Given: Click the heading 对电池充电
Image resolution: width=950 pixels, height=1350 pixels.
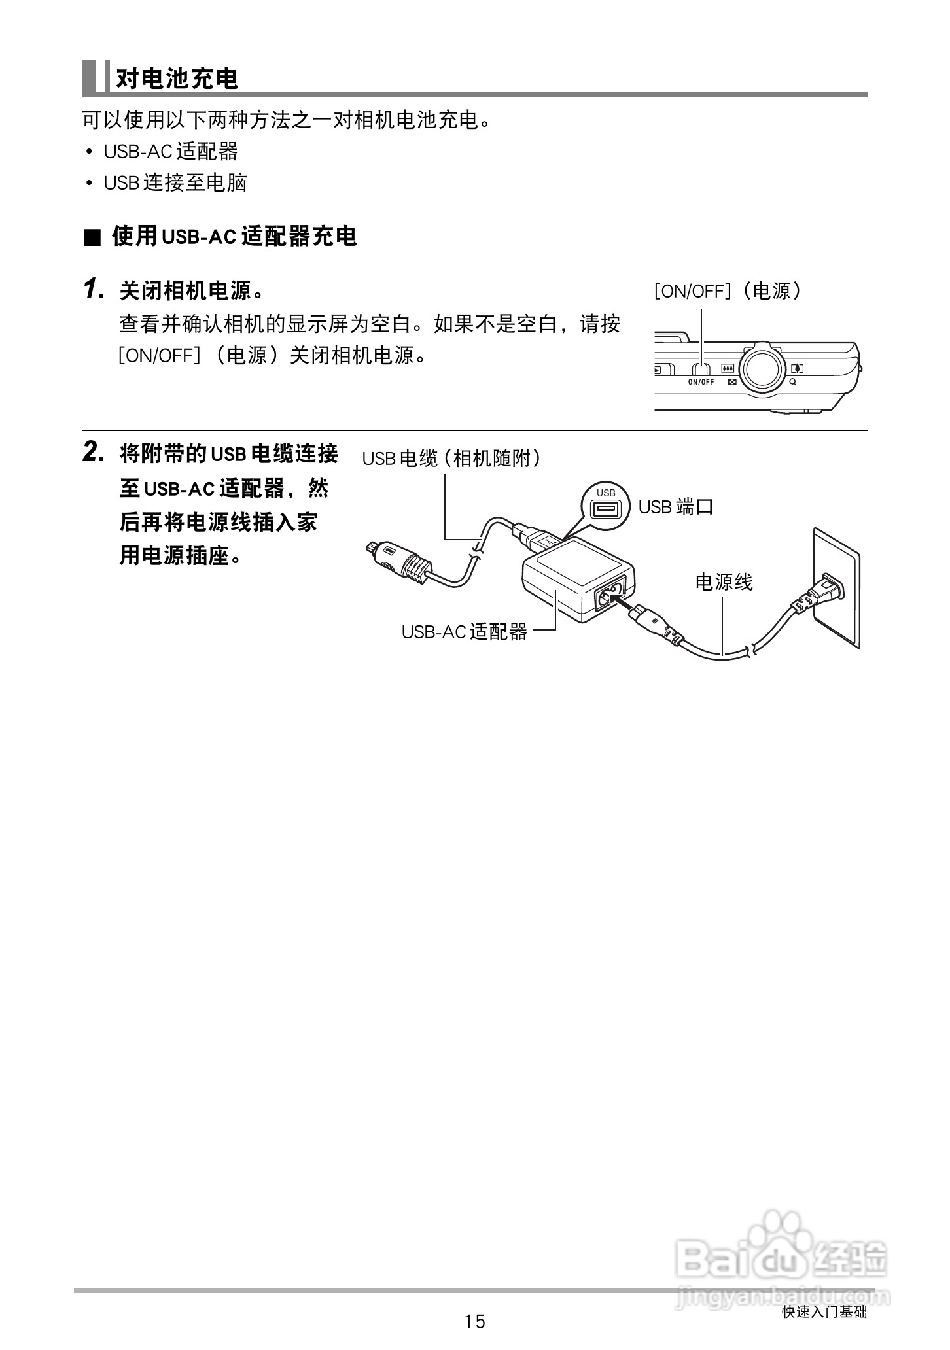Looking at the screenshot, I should (x=177, y=78).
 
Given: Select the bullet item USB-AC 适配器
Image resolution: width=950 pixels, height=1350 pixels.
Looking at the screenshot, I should (x=170, y=152).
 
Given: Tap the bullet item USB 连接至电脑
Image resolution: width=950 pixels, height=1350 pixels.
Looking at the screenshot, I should (x=175, y=183).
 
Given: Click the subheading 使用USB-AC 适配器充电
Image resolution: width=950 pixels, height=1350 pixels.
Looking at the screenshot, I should (x=234, y=236).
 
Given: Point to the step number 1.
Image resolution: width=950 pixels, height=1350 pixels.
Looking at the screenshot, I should (x=94, y=289).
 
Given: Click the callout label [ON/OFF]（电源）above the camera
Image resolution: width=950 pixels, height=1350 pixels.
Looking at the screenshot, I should (x=727, y=291).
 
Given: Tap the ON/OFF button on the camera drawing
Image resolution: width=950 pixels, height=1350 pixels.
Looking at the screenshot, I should (x=701, y=370).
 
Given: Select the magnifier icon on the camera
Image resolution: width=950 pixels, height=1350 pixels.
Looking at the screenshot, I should (x=793, y=382).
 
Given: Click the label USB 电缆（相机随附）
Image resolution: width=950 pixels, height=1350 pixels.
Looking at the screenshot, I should (x=451, y=459).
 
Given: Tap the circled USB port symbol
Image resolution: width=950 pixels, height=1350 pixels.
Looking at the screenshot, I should (x=605, y=507).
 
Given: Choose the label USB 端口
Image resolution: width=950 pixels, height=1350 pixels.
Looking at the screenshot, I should (x=675, y=507).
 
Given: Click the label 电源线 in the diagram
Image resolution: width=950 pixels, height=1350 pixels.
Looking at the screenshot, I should (x=724, y=581).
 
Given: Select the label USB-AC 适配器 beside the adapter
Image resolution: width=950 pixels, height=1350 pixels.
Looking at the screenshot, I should (x=464, y=631).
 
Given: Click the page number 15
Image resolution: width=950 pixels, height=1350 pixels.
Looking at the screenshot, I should (x=474, y=1322).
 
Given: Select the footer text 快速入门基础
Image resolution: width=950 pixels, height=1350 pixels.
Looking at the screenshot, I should (x=824, y=1311).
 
